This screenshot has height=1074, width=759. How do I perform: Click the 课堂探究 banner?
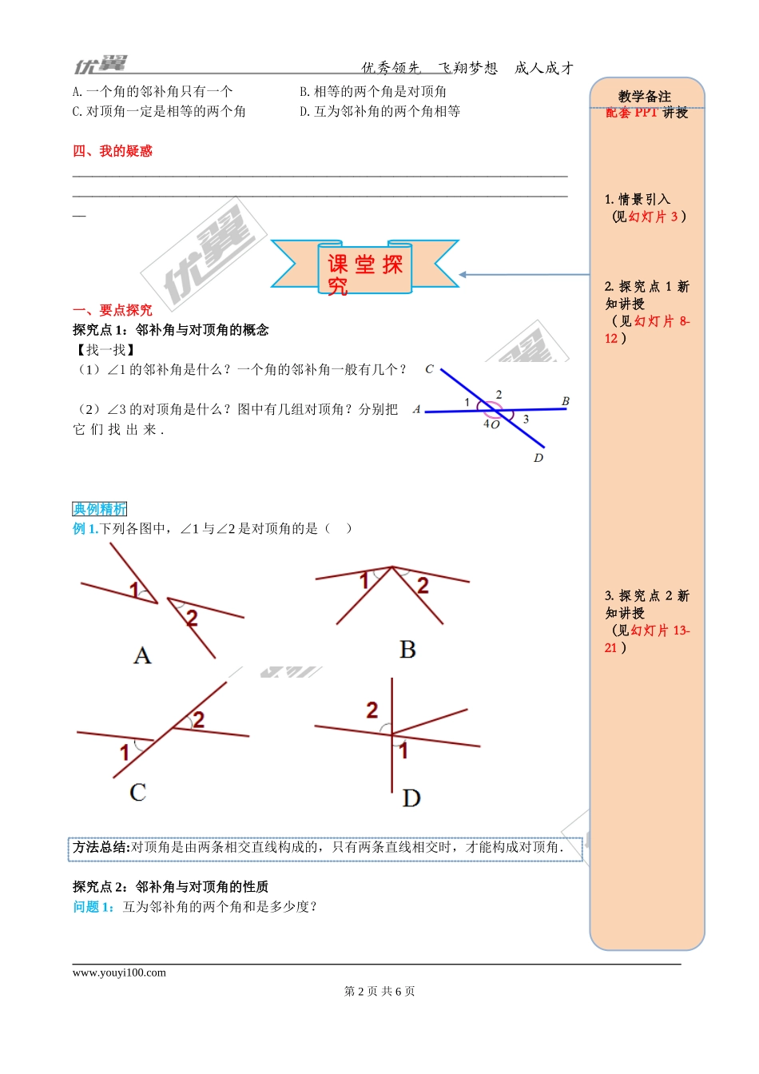pos(365,266)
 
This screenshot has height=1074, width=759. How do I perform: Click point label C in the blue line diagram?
pos(429,369)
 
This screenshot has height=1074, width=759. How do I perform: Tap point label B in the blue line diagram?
pos(566,401)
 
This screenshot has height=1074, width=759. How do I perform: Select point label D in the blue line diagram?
pos(538,458)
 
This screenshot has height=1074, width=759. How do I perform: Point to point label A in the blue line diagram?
pos(417,409)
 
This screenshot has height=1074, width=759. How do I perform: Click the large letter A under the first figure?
pos(142,656)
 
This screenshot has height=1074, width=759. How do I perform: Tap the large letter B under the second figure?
pos(407,650)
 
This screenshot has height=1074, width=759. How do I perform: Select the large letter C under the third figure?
pos(137,792)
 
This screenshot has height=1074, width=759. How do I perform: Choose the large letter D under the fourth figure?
pos(411,798)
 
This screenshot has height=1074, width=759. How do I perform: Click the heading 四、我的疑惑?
pos(113,151)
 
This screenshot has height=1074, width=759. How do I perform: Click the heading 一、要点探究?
pos(113,310)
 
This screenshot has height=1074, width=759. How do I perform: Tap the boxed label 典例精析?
pos(100,509)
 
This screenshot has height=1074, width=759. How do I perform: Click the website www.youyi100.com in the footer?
pos(119,973)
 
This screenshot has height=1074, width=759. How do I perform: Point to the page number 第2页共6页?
pos(379,991)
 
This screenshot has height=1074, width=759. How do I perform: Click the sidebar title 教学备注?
pos(645,97)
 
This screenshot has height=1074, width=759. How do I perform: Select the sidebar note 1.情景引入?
pos(638,199)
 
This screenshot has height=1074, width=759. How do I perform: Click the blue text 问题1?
pos(93,907)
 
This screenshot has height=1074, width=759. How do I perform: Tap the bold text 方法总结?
pos(100,847)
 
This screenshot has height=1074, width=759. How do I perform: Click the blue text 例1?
pos(85,528)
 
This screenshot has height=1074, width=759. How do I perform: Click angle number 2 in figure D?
pos(372,710)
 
